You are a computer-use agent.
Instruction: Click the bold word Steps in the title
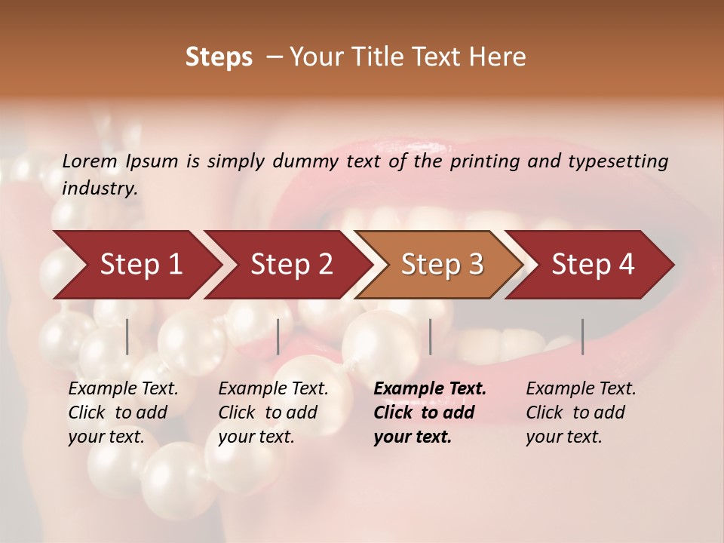pos(219,57)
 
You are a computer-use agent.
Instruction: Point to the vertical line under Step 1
pos(127,336)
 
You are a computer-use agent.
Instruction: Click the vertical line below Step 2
pos(278,336)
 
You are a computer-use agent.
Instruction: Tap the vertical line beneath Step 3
pos(431,336)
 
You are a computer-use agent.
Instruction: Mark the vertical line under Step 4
pos(583,336)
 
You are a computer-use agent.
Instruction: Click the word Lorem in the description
pos(89,161)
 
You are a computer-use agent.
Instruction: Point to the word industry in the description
pos(100,189)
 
